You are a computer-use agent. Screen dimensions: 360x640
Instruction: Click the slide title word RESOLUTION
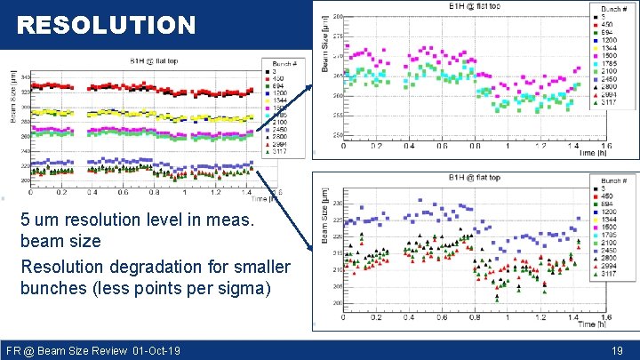(106, 26)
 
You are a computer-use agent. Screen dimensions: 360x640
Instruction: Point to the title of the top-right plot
(476, 8)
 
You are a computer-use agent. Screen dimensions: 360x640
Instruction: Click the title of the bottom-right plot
(476, 178)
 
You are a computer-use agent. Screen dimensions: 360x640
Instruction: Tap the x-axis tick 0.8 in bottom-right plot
(475, 316)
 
